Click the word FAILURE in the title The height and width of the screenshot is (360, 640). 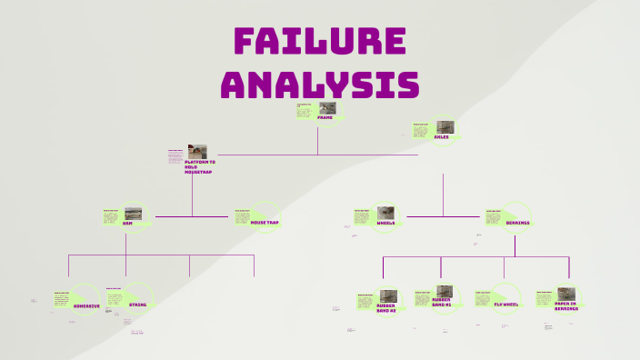319,43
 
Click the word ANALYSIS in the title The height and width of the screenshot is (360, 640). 319,84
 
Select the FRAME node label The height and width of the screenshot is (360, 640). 325,118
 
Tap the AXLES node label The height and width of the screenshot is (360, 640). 442,137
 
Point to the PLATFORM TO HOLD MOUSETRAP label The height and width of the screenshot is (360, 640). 200,166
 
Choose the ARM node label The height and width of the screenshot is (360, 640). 127,223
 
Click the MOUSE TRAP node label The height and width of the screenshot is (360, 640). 265,222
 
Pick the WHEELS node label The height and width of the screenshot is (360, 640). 386,223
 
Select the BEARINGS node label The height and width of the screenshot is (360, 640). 518,223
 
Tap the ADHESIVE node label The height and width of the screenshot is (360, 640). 86,305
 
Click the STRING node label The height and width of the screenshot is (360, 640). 137,305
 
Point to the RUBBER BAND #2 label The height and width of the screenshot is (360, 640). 386,307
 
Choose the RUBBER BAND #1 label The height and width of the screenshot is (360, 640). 442,302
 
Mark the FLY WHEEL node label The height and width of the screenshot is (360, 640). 506,305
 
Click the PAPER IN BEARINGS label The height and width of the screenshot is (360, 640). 566,306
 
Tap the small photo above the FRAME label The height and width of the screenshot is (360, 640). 327,108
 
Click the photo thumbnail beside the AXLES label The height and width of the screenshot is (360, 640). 445,127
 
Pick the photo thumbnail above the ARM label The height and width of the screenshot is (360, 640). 133,214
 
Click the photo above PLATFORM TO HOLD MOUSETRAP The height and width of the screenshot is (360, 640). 197,151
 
